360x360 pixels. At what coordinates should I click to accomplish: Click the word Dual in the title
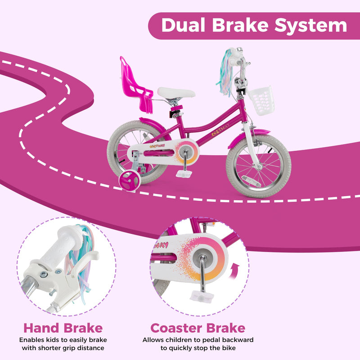184,25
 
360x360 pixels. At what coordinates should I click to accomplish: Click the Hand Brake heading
63,328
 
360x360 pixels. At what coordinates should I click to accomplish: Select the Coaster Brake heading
198,328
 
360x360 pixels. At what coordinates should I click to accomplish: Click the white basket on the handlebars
260,100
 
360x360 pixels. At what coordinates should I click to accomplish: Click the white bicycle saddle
176,93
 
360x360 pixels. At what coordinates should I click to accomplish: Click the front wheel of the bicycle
258,166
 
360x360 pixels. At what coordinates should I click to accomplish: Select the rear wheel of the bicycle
130,153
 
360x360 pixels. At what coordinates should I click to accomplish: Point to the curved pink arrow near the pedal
234,271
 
